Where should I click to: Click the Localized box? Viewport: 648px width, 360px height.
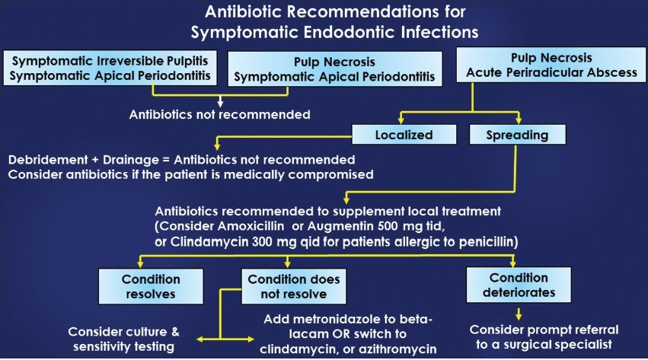404,135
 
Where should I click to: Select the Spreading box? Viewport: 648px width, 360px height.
517,135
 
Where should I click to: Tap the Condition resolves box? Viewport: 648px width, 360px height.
151,286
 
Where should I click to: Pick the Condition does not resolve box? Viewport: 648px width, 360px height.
294,286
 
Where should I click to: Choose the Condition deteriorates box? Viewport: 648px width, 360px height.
519,285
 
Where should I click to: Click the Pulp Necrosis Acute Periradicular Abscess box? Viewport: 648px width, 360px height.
551,65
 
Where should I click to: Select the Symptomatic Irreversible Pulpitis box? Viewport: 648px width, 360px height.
110,68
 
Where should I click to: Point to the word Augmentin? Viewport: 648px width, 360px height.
340,226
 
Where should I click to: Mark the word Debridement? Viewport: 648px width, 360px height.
48,160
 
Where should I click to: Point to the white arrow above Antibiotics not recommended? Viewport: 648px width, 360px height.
220,101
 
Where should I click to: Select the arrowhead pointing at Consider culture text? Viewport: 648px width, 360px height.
200,339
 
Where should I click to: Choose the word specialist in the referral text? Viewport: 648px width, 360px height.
585,345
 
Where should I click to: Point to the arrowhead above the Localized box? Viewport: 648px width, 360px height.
401,119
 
